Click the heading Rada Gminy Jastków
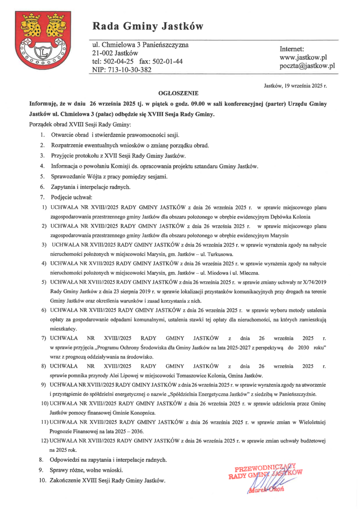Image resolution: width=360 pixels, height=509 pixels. pyautogui.click(x=148, y=27)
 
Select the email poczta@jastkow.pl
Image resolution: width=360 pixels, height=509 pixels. pyautogui.click(x=308, y=66)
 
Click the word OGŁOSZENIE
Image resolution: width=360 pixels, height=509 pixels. pyautogui.click(x=179, y=93)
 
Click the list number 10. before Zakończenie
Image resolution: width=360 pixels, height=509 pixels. pyautogui.click(x=42, y=481)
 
